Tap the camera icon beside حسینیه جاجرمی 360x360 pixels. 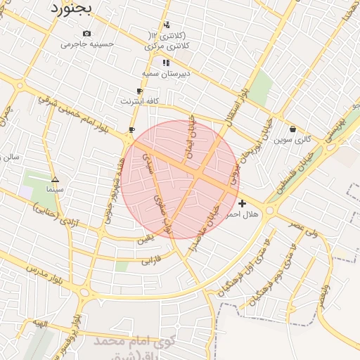(x=86, y=33)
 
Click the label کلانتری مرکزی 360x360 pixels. (x=163, y=46)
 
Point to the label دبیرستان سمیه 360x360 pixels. (x=163, y=73)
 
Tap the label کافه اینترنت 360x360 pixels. (x=139, y=101)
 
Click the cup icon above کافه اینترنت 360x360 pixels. (x=139, y=91)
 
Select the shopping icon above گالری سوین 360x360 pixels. (x=292, y=129)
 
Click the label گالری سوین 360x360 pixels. (x=292, y=139)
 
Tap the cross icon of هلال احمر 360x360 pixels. (x=243, y=202)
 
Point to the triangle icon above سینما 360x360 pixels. (x=55, y=179)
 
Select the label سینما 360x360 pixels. (x=54, y=189)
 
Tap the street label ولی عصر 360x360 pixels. (x=303, y=226)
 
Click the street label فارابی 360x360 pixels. (x=151, y=261)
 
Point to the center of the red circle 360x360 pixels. (x=181, y=179)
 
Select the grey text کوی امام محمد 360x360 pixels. (x=130, y=341)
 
